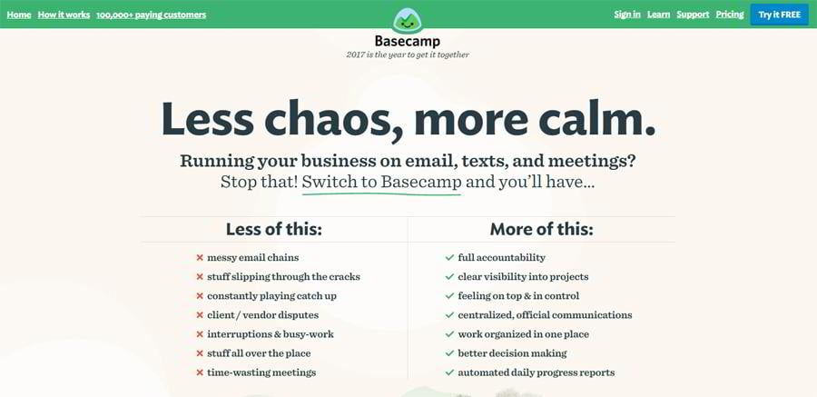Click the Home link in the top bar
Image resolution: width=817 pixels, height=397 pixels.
(19, 15)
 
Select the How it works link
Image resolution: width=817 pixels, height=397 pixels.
(64, 15)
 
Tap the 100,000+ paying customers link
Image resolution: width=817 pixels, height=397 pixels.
(151, 15)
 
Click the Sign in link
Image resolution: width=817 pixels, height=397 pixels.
(627, 15)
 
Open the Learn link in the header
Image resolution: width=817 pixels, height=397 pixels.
(659, 15)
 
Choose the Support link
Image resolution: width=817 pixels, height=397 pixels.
(693, 15)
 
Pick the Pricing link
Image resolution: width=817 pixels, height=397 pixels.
(730, 15)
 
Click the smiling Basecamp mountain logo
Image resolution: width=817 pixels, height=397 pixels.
(408, 21)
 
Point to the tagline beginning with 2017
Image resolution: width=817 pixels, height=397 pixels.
(408, 55)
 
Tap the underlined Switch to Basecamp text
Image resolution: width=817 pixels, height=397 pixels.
(382, 182)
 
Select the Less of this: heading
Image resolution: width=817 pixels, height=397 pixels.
(274, 229)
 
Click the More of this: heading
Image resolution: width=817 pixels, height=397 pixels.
(541, 229)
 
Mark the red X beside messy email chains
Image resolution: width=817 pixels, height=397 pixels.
(200, 257)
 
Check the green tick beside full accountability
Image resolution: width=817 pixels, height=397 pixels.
(449, 257)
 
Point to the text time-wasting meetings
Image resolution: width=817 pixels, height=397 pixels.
(261, 372)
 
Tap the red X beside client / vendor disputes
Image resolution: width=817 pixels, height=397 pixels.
(200, 315)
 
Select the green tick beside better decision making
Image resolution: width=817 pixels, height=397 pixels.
(449, 353)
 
